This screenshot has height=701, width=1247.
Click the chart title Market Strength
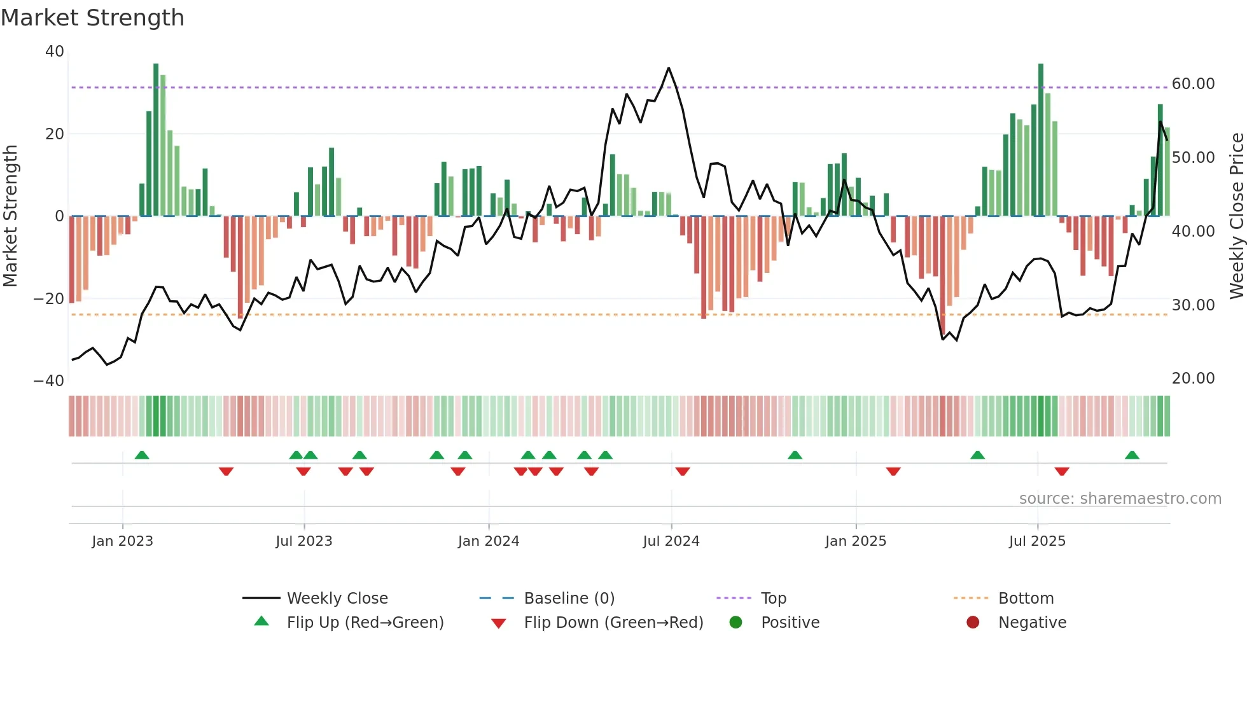[92, 18]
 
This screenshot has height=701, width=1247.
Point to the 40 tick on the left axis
[55, 52]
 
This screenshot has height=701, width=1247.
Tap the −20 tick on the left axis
[49, 299]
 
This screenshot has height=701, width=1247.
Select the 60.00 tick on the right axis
[1193, 84]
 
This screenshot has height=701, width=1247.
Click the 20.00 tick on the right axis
[1193, 378]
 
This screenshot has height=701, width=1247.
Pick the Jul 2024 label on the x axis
[671, 541]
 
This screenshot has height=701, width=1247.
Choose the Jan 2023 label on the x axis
[122, 541]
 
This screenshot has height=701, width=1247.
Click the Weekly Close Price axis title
[1236, 216]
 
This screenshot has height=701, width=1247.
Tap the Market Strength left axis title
[10, 216]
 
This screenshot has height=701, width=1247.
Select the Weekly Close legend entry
[337, 599]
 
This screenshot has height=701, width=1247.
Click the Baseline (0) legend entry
[569, 599]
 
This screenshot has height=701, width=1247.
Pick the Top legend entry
[773, 599]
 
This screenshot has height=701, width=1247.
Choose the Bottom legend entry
[1026, 599]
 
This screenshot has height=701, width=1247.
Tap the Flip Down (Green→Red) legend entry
[613, 623]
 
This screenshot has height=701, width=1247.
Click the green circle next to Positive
[735, 623]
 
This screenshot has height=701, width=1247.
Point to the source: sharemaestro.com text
[1120, 499]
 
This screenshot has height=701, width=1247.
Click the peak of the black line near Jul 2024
[669, 68]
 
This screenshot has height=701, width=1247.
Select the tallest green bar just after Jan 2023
[156, 140]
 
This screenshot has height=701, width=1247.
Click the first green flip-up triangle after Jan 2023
[142, 455]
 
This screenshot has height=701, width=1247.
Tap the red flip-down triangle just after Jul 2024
[683, 471]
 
